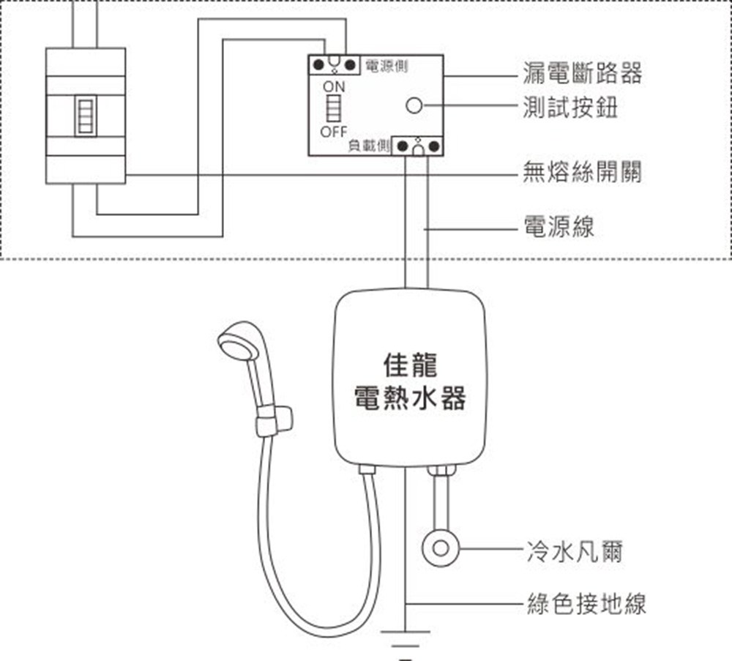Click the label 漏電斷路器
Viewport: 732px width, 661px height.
click(582, 73)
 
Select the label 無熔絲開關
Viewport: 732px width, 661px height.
click(582, 173)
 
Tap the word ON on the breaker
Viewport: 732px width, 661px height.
click(333, 87)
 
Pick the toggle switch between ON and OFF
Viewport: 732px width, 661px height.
click(334, 110)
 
